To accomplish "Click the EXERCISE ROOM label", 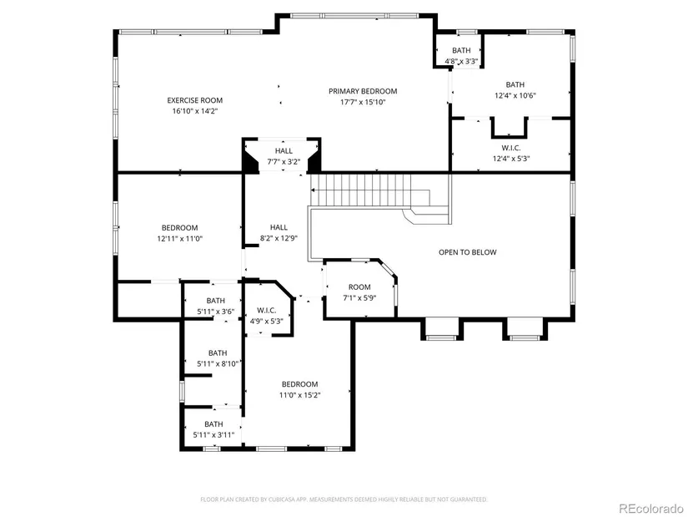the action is click(x=195, y=100).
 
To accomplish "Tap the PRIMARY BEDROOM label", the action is click(x=363, y=91).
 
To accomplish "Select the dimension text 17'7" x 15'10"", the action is click(x=363, y=102).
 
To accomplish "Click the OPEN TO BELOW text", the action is click(x=468, y=252).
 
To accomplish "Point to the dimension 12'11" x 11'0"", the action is click(x=180, y=239).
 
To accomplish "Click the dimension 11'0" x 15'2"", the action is click(x=300, y=395).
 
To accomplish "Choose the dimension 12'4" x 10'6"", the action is click(x=515, y=95).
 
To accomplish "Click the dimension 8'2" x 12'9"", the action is click(x=279, y=238).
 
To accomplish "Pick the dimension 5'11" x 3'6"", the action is click(x=216, y=312).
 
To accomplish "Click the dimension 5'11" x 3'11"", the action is click(x=213, y=435).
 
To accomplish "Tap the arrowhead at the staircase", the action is click(x=313, y=190).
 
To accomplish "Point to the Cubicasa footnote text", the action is click(x=344, y=499).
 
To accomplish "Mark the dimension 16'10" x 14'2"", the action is click(x=195, y=111).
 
